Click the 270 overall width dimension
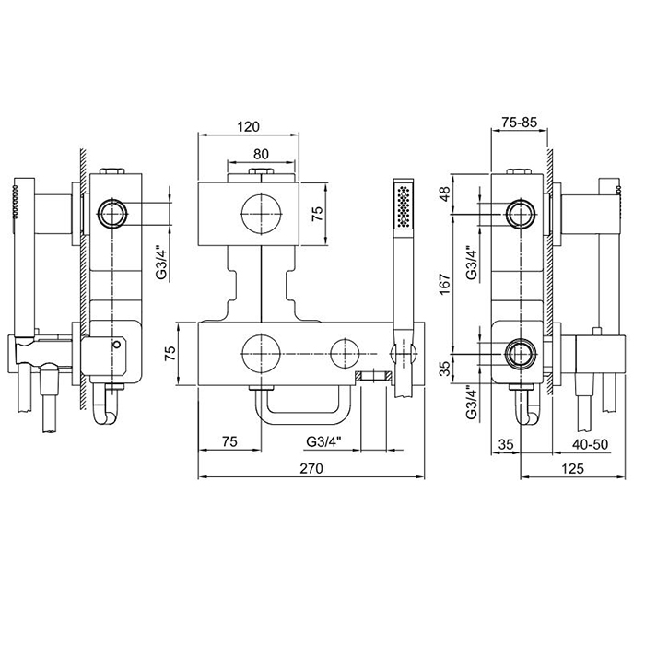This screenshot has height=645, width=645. point(311,468)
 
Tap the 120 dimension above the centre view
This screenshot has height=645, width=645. point(249,127)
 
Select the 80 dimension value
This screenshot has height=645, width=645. point(261,154)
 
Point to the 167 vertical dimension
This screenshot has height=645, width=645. point(445,284)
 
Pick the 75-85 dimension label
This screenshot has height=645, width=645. point(519,123)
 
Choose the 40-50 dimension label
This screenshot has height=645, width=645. point(590,444)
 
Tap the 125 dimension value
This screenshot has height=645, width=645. point(572,468)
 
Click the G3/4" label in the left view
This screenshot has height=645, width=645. point(163,262)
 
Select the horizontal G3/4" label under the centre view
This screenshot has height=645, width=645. point(324,441)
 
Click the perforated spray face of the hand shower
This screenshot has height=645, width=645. point(404,205)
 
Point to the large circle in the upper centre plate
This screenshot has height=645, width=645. point(261,214)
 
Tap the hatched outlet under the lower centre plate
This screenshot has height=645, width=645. point(373,375)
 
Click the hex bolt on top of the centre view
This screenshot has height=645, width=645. point(261,171)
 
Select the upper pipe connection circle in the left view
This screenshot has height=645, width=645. point(112,213)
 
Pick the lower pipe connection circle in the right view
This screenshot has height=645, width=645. point(522,354)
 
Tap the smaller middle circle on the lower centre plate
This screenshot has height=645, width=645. point(346,354)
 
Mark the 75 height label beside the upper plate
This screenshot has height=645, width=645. point(318,214)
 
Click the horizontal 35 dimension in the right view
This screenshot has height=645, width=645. point(506,444)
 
